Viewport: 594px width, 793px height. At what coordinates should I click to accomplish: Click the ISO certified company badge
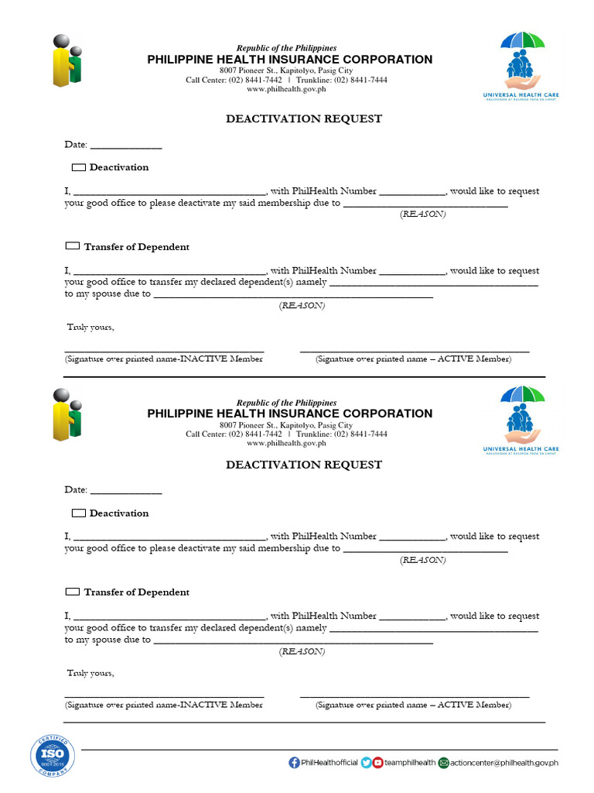(53, 755)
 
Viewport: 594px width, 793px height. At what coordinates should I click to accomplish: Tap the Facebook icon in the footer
(294, 763)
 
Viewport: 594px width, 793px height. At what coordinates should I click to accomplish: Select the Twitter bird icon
(366, 763)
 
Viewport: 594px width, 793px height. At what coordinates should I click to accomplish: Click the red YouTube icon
(377, 763)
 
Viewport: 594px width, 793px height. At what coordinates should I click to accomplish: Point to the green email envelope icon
(443, 763)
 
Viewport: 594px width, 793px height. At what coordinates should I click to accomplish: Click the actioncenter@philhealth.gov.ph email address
(504, 763)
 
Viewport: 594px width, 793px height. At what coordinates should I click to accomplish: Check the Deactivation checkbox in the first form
(78, 167)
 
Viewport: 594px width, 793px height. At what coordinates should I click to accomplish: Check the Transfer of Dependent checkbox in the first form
(72, 246)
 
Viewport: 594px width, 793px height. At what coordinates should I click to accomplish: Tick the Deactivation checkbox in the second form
(78, 513)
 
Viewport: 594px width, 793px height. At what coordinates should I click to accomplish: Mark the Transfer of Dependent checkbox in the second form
(72, 592)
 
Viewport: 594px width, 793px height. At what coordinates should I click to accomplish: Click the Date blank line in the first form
(126, 146)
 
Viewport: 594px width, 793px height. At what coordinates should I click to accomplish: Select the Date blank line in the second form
(126, 492)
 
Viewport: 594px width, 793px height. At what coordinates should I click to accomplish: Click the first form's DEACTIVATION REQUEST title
(304, 119)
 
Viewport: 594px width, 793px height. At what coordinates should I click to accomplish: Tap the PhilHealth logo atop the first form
(67, 61)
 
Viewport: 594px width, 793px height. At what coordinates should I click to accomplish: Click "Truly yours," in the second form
(90, 673)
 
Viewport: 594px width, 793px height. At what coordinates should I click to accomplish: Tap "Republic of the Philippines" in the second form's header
(286, 403)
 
